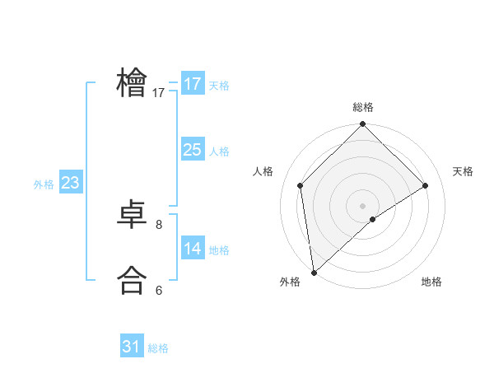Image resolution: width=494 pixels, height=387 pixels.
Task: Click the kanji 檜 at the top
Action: pyautogui.click(x=132, y=82)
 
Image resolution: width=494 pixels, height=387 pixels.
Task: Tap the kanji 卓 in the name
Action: pyautogui.click(x=132, y=216)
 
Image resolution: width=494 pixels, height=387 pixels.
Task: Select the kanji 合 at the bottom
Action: pyautogui.click(x=132, y=280)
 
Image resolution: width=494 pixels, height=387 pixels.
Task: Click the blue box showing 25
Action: pyautogui.click(x=193, y=150)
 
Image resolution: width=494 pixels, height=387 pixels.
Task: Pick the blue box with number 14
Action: pyautogui.click(x=193, y=249)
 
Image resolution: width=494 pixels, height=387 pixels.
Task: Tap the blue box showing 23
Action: pyautogui.click(x=70, y=183)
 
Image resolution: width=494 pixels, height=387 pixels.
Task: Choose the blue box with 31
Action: pyautogui.click(x=132, y=347)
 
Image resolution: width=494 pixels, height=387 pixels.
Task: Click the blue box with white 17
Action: pyautogui.click(x=193, y=84)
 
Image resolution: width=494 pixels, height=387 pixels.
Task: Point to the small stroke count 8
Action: pyautogui.click(x=159, y=224)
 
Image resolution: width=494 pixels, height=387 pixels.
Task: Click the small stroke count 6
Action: pyautogui.click(x=159, y=290)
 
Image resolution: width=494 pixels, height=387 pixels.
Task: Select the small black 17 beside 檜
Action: pyautogui.click(x=159, y=93)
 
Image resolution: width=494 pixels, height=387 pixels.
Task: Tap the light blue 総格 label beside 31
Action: pyautogui.click(x=158, y=348)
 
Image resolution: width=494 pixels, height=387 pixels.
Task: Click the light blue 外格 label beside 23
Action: pyautogui.click(x=44, y=184)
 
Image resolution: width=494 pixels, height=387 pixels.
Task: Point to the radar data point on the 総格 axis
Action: pyautogui.click(x=362, y=125)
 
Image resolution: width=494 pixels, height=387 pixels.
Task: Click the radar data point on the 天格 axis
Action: pyautogui.click(x=426, y=185)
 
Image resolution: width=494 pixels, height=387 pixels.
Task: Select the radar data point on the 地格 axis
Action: pyautogui.click(x=373, y=219)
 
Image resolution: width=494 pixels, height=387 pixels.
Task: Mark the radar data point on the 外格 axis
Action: pyautogui.click(x=314, y=273)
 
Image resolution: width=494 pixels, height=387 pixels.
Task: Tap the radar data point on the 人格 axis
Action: pyautogui.click(x=301, y=185)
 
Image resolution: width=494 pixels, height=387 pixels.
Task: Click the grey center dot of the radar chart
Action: pyautogui.click(x=362, y=205)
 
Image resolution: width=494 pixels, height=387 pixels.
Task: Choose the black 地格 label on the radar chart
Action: pyautogui.click(x=431, y=282)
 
